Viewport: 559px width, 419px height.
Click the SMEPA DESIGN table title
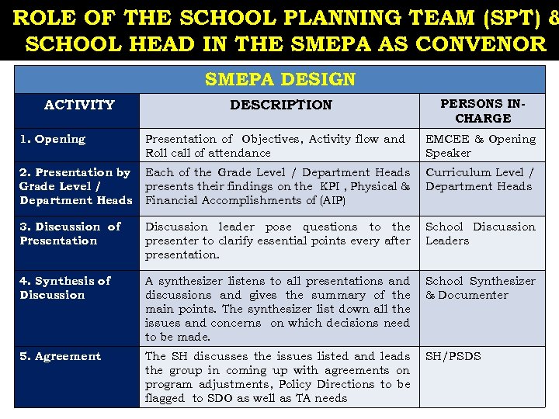(279, 79)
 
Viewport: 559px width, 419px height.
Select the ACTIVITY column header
(79, 105)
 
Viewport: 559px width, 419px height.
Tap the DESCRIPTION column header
(280, 105)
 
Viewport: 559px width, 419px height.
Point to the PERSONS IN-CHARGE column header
(482, 111)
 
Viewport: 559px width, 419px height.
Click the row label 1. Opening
(53, 140)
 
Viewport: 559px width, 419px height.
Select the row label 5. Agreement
(61, 357)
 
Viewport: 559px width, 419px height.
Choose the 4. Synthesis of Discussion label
(65, 288)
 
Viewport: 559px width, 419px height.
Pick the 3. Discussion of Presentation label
(70, 234)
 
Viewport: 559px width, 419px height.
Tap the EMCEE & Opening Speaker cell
(481, 146)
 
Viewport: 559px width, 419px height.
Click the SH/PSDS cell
(453, 357)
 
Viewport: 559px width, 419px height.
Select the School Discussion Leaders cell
(481, 234)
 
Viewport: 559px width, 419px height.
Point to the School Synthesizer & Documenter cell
(481, 288)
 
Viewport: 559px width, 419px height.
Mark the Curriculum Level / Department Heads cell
(480, 179)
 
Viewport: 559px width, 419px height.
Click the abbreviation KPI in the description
(327, 187)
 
